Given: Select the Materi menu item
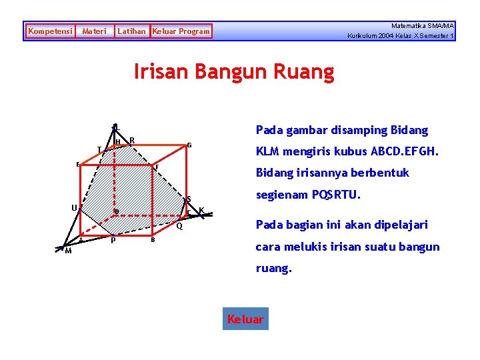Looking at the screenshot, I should pyautogui.click(x=94, y=31).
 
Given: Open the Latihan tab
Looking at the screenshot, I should pyautogui.click(x=131, y=31).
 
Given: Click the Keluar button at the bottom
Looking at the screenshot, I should pyautogui.click(x=245, y=319).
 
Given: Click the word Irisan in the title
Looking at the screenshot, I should pyautogui.click(x=162, y=71).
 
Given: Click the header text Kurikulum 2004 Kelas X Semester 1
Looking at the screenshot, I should pyautogui.click(x=401, y=36).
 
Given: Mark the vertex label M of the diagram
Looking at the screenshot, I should pyautogui.click(x=68, y=251).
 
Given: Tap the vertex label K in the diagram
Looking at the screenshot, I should pyautogui.click(x=201, y=210).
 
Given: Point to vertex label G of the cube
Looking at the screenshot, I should pyautogui.click(x=189, y=145).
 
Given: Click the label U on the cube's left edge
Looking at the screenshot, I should pyautogui.click(x=74, y=207).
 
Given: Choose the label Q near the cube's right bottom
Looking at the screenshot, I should pyautogui.click(x=179, y=226).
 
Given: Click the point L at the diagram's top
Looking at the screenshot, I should pyautogui.click(x=116, y=127).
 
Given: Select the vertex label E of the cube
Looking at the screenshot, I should pyautogui.click(x=78, y=164).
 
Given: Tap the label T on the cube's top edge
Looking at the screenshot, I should pyautogui.click(x=99, y=149).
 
